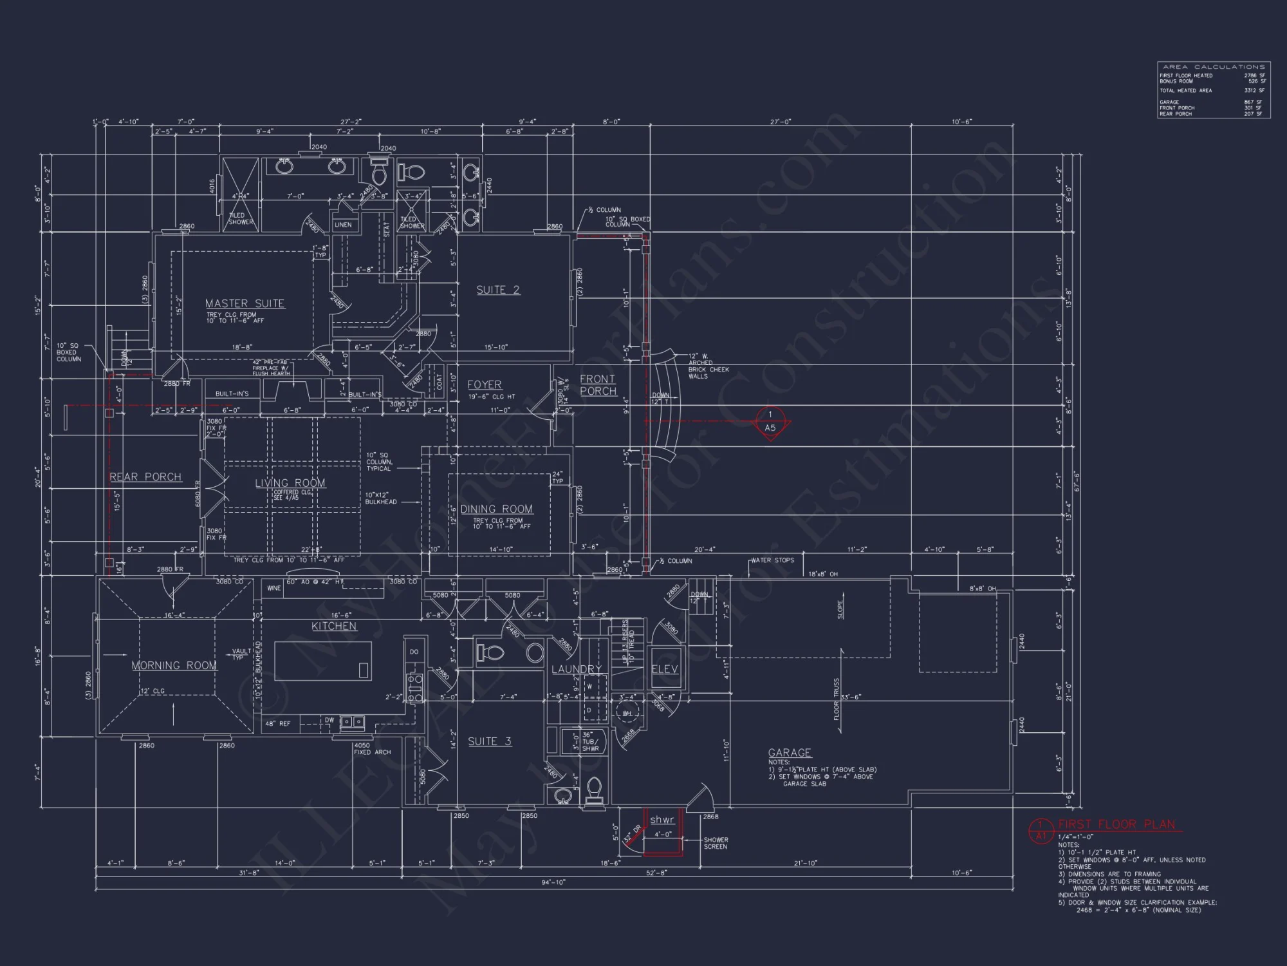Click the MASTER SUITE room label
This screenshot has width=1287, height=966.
pyautogui.click(x=245, y=303)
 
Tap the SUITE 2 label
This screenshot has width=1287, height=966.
pyautogui.click(x=497, y=290)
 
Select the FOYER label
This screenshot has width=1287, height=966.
pyautogui.click(x=484, y=384)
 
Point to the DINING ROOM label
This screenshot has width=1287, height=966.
pyautogui.click(x=496, y=509)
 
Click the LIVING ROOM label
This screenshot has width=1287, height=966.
pyautogui.click(x=290, y=483)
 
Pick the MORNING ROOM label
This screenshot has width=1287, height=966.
pyautogui.click(x=174, y=665)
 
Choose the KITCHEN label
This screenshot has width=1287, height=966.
pyautogui.click(x=333, y=626)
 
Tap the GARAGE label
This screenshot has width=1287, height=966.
pyautogui.click(x=789, y=752)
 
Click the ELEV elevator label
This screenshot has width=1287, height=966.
pyautogui.click(x=664, y=669)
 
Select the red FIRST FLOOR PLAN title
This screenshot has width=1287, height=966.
pyautogui.click(x=1116, y=824)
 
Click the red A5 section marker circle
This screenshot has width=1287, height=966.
pyautogui.click(x=770, y=421)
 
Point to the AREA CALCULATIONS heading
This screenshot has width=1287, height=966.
pyautogui.click(x=1214, y=67)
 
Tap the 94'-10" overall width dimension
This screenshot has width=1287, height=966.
pyautogui.click(x=553, y=882)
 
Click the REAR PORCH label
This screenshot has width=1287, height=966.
pyautogui.click(x=145, y=477)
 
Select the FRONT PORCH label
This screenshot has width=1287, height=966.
pyautogui.click(x=597, y=384)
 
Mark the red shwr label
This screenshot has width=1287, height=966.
pyautogui.click(x=662, y=820)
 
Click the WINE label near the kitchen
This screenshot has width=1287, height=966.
pyautogui.click(x=273, y=588)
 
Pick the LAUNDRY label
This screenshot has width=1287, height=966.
pyautogui.click(x=576, y=669)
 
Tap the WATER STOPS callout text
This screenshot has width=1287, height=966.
pyautogui.click(x=772, y=560)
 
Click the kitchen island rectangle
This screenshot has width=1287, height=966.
pyautogui.click(x=323, y=661)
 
